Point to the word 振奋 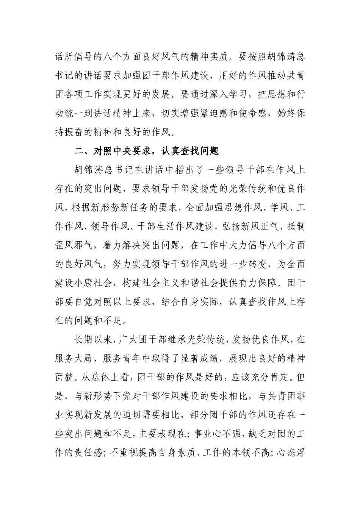click(x=80, y=132)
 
